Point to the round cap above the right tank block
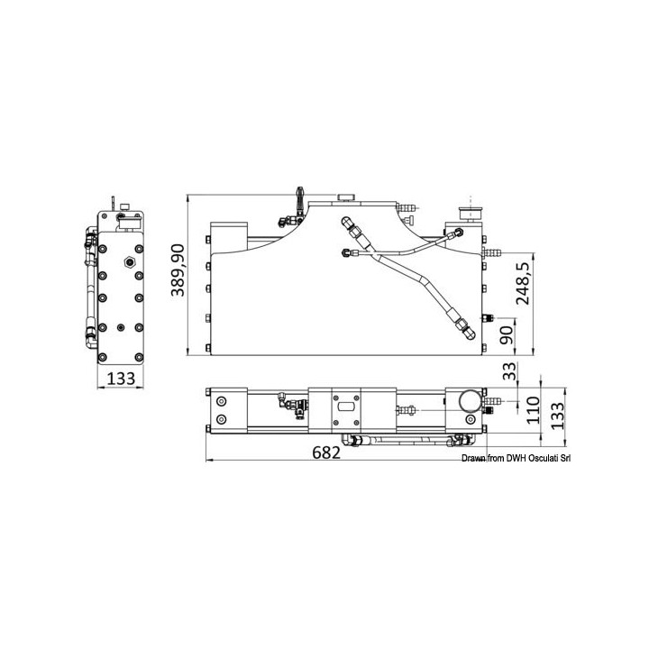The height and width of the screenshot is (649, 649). [x=469, y=213]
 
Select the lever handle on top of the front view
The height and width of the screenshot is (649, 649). [x=297, y=196]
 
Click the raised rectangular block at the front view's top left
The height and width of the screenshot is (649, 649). [x=229, y=237]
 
